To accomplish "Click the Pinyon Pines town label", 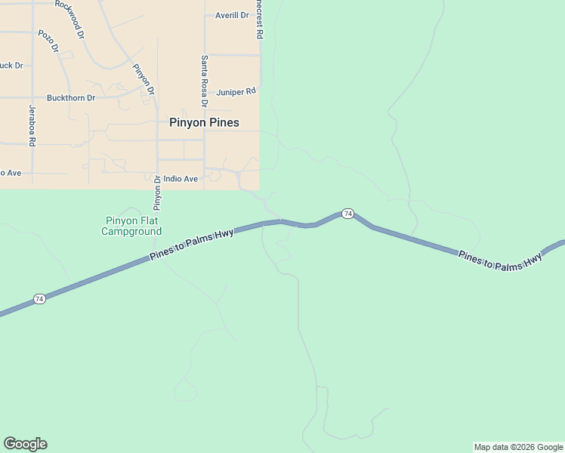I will click(204, 122).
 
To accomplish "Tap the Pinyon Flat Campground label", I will click(131, 226).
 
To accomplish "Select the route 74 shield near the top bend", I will click(347, 214).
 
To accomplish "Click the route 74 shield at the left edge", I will click(40, 300).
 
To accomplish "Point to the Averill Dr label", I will click(232, 15).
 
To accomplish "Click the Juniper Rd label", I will click(236, 92).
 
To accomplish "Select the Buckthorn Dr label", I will click(71, 98).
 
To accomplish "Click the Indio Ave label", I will click(181, 179).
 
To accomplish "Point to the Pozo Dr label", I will click(48, 42).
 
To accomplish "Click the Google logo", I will click(25, 444).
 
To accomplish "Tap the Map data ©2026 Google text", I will click(518, 447).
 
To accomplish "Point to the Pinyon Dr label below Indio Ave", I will click(159, 193).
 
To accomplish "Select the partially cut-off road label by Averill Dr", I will click(259, 19).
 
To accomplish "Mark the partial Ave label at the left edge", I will click(10, 173).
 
